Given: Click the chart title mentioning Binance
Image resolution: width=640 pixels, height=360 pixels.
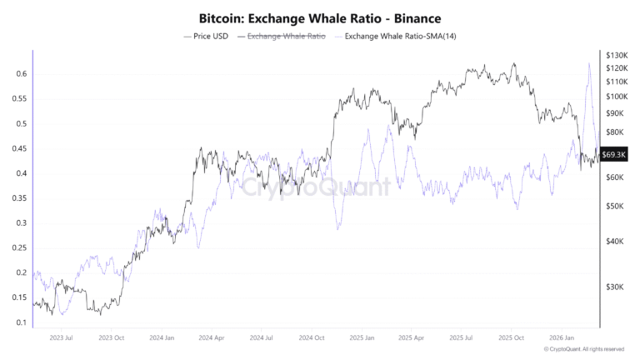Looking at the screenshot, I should pos(320,17).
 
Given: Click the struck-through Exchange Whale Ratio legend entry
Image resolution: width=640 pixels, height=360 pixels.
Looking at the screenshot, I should pos(282,37).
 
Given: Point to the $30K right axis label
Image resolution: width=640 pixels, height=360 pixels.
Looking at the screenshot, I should pos(615,287).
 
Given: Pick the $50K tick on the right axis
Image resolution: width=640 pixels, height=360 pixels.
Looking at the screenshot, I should pos(615,206).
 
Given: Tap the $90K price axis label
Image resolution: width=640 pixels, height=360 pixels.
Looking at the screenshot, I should pos(615,113).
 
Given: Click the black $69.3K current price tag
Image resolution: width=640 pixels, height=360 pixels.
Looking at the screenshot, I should pos(615,155).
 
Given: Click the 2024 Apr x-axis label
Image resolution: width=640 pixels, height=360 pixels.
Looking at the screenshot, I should pos(213,338).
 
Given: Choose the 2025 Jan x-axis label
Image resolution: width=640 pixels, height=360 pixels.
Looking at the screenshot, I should pos(362,338).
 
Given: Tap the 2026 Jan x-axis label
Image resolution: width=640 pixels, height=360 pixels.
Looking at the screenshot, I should pos(562,338).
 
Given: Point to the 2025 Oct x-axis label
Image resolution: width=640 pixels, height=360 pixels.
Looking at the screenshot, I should pos(512,338).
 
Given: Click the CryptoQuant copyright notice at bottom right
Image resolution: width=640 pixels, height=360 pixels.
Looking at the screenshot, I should pos(583,349).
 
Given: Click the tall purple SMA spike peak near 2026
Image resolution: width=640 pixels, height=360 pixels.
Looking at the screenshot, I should pos(589,63).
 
